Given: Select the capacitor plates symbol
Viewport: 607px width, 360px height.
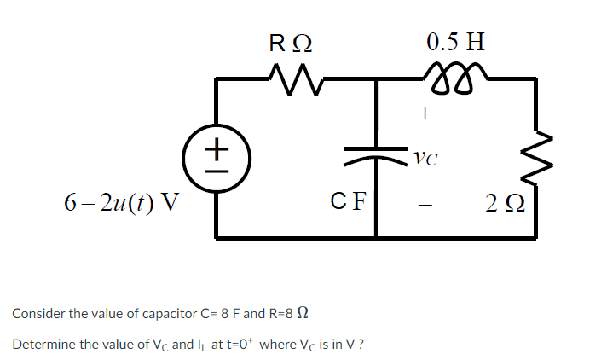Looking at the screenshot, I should coord(375,156).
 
